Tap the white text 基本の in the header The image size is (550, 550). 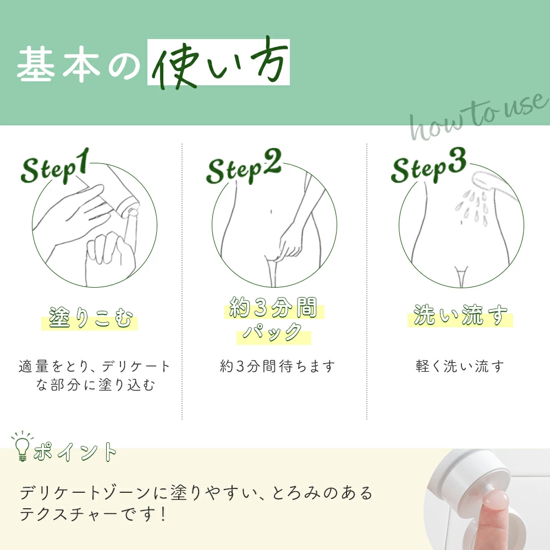(x=79, y=65)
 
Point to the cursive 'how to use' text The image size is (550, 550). (x=479, y=116)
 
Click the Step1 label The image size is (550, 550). (x=54, y=166)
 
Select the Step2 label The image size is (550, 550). (x=244, y=167)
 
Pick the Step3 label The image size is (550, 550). (x=428, y=166)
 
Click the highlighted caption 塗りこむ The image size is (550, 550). (x=91, y=318)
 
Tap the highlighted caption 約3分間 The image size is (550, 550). (x=273, y=307)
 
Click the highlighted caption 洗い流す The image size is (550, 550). (x=460, y=315)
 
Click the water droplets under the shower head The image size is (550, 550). (x=472, y=208)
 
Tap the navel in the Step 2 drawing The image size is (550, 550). (x=271, y=212)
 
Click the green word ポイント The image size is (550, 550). (x=75, y=452)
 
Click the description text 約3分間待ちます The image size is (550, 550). (x=277, y=366)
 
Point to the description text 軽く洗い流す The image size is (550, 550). (x=459, y=366)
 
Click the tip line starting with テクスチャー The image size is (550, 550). (x=92, y=515)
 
